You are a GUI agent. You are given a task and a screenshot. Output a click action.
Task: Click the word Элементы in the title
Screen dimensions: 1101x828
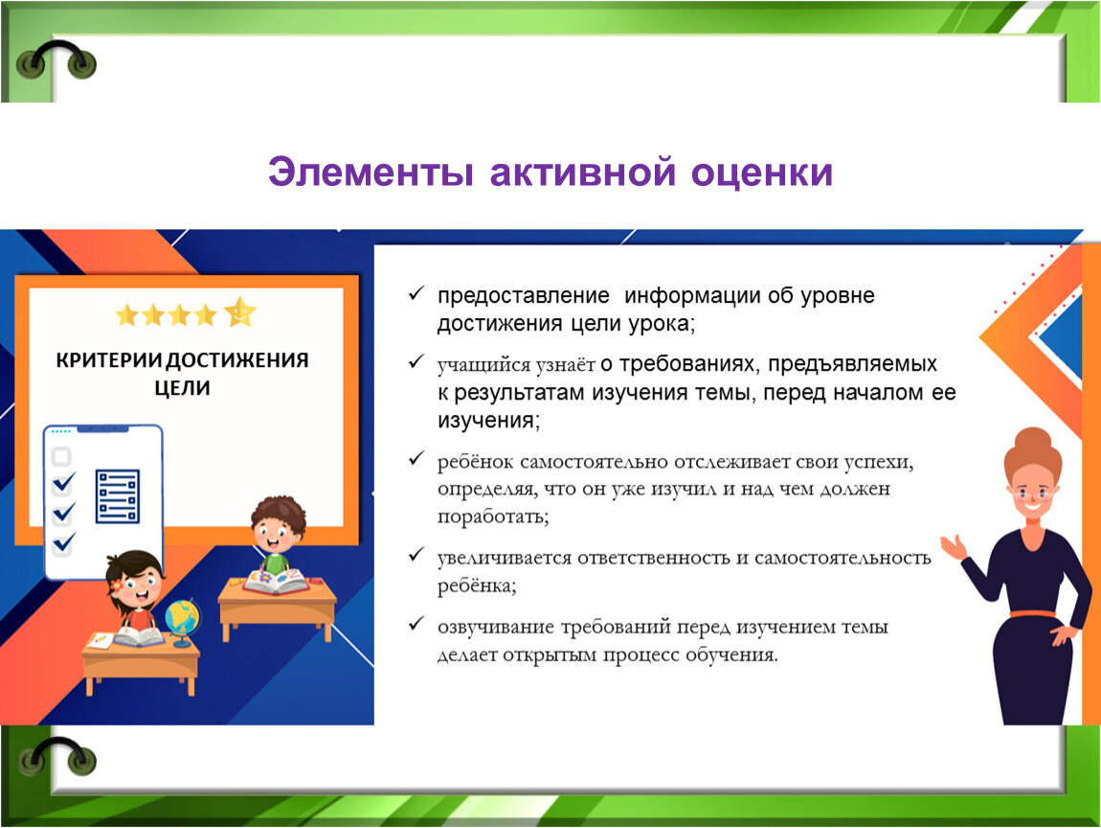pos(371,172)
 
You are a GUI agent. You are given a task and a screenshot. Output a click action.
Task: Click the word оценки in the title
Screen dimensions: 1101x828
pos(761,172)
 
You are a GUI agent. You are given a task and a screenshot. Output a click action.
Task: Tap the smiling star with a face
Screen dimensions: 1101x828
pos(240,311)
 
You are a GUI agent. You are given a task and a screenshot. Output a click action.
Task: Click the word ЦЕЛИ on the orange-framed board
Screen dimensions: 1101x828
pos(183,388)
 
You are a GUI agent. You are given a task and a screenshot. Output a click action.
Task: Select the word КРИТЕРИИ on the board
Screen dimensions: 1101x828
pos(109,360)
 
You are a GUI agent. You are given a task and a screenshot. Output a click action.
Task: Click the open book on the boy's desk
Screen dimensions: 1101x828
pos(277,582)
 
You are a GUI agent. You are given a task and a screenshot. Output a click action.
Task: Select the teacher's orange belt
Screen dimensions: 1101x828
pos(1032,614)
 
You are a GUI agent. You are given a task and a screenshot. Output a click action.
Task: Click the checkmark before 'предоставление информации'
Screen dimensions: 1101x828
pos(416,293)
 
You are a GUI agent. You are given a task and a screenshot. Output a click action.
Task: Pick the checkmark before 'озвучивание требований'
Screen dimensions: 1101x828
pos(416,623)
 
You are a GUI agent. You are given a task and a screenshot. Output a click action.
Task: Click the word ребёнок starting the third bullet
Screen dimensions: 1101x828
pos(475,463)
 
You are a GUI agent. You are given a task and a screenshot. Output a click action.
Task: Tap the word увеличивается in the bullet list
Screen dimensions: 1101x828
pos(504,559)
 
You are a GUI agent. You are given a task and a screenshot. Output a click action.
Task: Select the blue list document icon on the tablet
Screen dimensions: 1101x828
pos(117,496)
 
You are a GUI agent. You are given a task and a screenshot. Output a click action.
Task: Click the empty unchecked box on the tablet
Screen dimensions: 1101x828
pos(62,456)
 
